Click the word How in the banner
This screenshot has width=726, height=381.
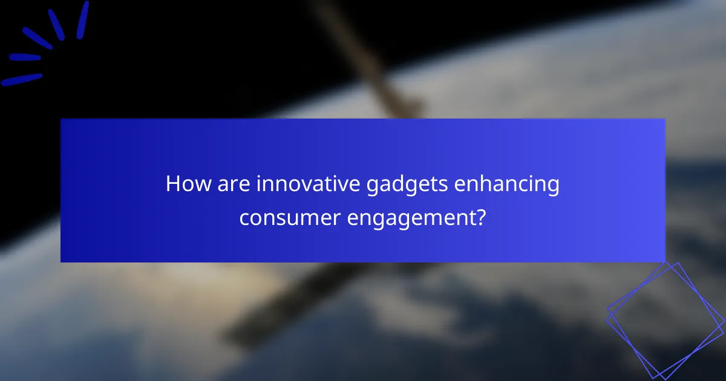tap(185, 184)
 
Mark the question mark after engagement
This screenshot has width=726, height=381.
tap(480, 217)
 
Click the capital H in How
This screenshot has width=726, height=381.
tap(173, 184)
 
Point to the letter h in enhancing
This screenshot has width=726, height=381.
tap(493, 184)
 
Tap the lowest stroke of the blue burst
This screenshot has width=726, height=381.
tap(21, 79)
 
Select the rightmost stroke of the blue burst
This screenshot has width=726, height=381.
tap(82, 19)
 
